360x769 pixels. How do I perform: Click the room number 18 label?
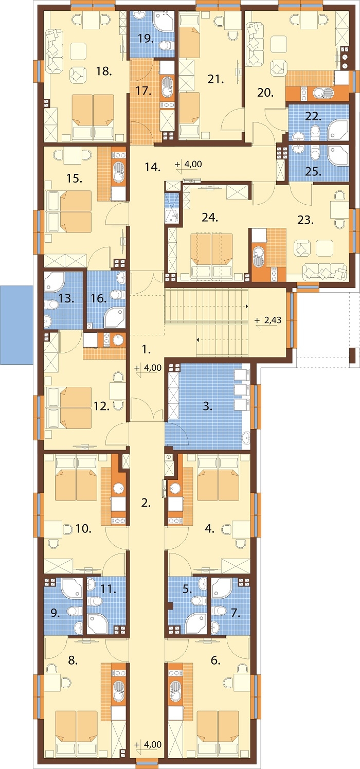pos(104,71)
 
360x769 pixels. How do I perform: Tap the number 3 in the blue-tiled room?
pos(207,406)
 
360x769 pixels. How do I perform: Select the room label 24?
pos(210,217)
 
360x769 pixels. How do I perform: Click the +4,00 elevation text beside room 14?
pos(193,164)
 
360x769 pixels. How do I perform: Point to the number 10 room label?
pos(83,528)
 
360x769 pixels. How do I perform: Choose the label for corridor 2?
pos(146,503)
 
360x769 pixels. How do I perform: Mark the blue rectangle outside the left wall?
pos(16,325)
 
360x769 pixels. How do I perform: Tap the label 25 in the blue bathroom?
pos(313,171)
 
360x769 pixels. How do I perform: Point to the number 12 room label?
pos(102,406)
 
